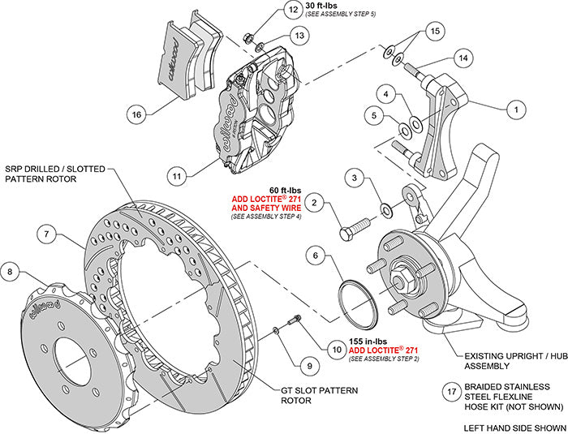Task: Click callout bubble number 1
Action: tap(512, 106)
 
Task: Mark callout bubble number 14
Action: tap(463, 58)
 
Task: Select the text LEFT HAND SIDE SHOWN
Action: tap(514, 427)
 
